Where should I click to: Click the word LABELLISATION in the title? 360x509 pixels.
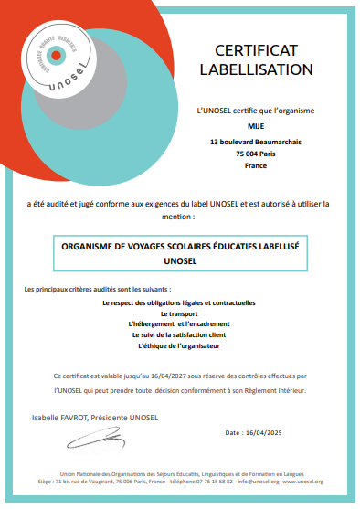(x=255, y=69)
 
